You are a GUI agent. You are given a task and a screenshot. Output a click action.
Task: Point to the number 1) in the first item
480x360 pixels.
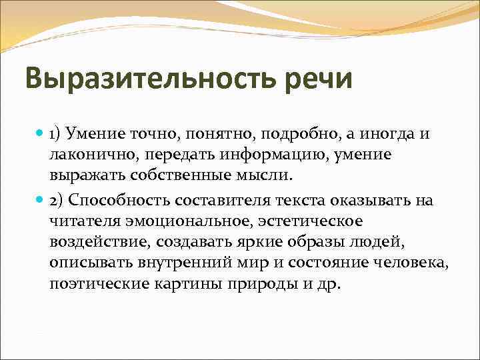coord(57,135)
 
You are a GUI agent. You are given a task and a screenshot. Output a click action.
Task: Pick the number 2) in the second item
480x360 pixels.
coord(57,201)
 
